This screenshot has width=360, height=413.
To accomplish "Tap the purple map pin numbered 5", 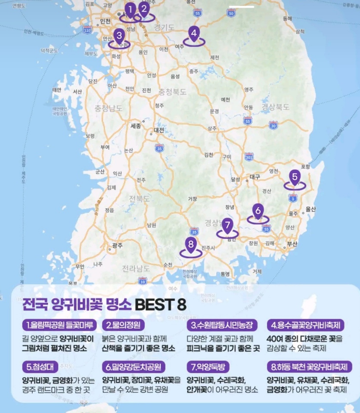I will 295,177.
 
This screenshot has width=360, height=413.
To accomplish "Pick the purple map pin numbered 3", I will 119,35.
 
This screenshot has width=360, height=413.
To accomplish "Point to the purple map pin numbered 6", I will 258,211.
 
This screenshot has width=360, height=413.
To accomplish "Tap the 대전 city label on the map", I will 159,130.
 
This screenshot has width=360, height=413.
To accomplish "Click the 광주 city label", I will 117,246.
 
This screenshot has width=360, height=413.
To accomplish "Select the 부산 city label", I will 292,243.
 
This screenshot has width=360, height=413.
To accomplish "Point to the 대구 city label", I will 255,177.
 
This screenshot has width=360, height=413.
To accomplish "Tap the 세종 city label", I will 136,126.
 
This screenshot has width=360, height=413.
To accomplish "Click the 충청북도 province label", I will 172,92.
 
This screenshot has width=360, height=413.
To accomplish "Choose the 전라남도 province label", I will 136,269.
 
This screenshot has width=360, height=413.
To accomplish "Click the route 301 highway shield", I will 249,156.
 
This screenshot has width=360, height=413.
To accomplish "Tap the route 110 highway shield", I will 87,30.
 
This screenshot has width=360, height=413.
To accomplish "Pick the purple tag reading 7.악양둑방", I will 208,367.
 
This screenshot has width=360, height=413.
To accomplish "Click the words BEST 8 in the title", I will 161,304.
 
